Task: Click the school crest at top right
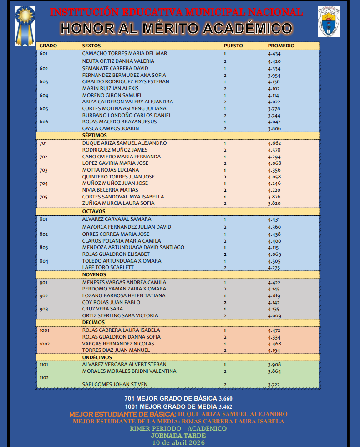click(x=328, y=22)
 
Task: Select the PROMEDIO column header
click(x=281, y=46)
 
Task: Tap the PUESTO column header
click(x=233, y=46)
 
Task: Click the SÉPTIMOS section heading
click(x=94, y=135)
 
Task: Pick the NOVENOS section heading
click(x=94, y=274)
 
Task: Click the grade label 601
click(x=44, y=54)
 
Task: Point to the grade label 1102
click(x=44, y=378)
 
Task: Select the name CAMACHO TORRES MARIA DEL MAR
click(x=124, y=54)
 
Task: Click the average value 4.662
click(x=274, y=143)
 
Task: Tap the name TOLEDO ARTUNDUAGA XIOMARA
click(x=122, y=261)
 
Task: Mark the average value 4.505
click(x=274, y=261)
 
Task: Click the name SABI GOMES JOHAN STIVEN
click(x=115, y=385)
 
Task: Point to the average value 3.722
click(x=274, y=385)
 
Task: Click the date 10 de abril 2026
click(x=178, y=442)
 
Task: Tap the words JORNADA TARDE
click(x=178, y=436)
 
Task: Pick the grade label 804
click(x=44, y=261)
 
